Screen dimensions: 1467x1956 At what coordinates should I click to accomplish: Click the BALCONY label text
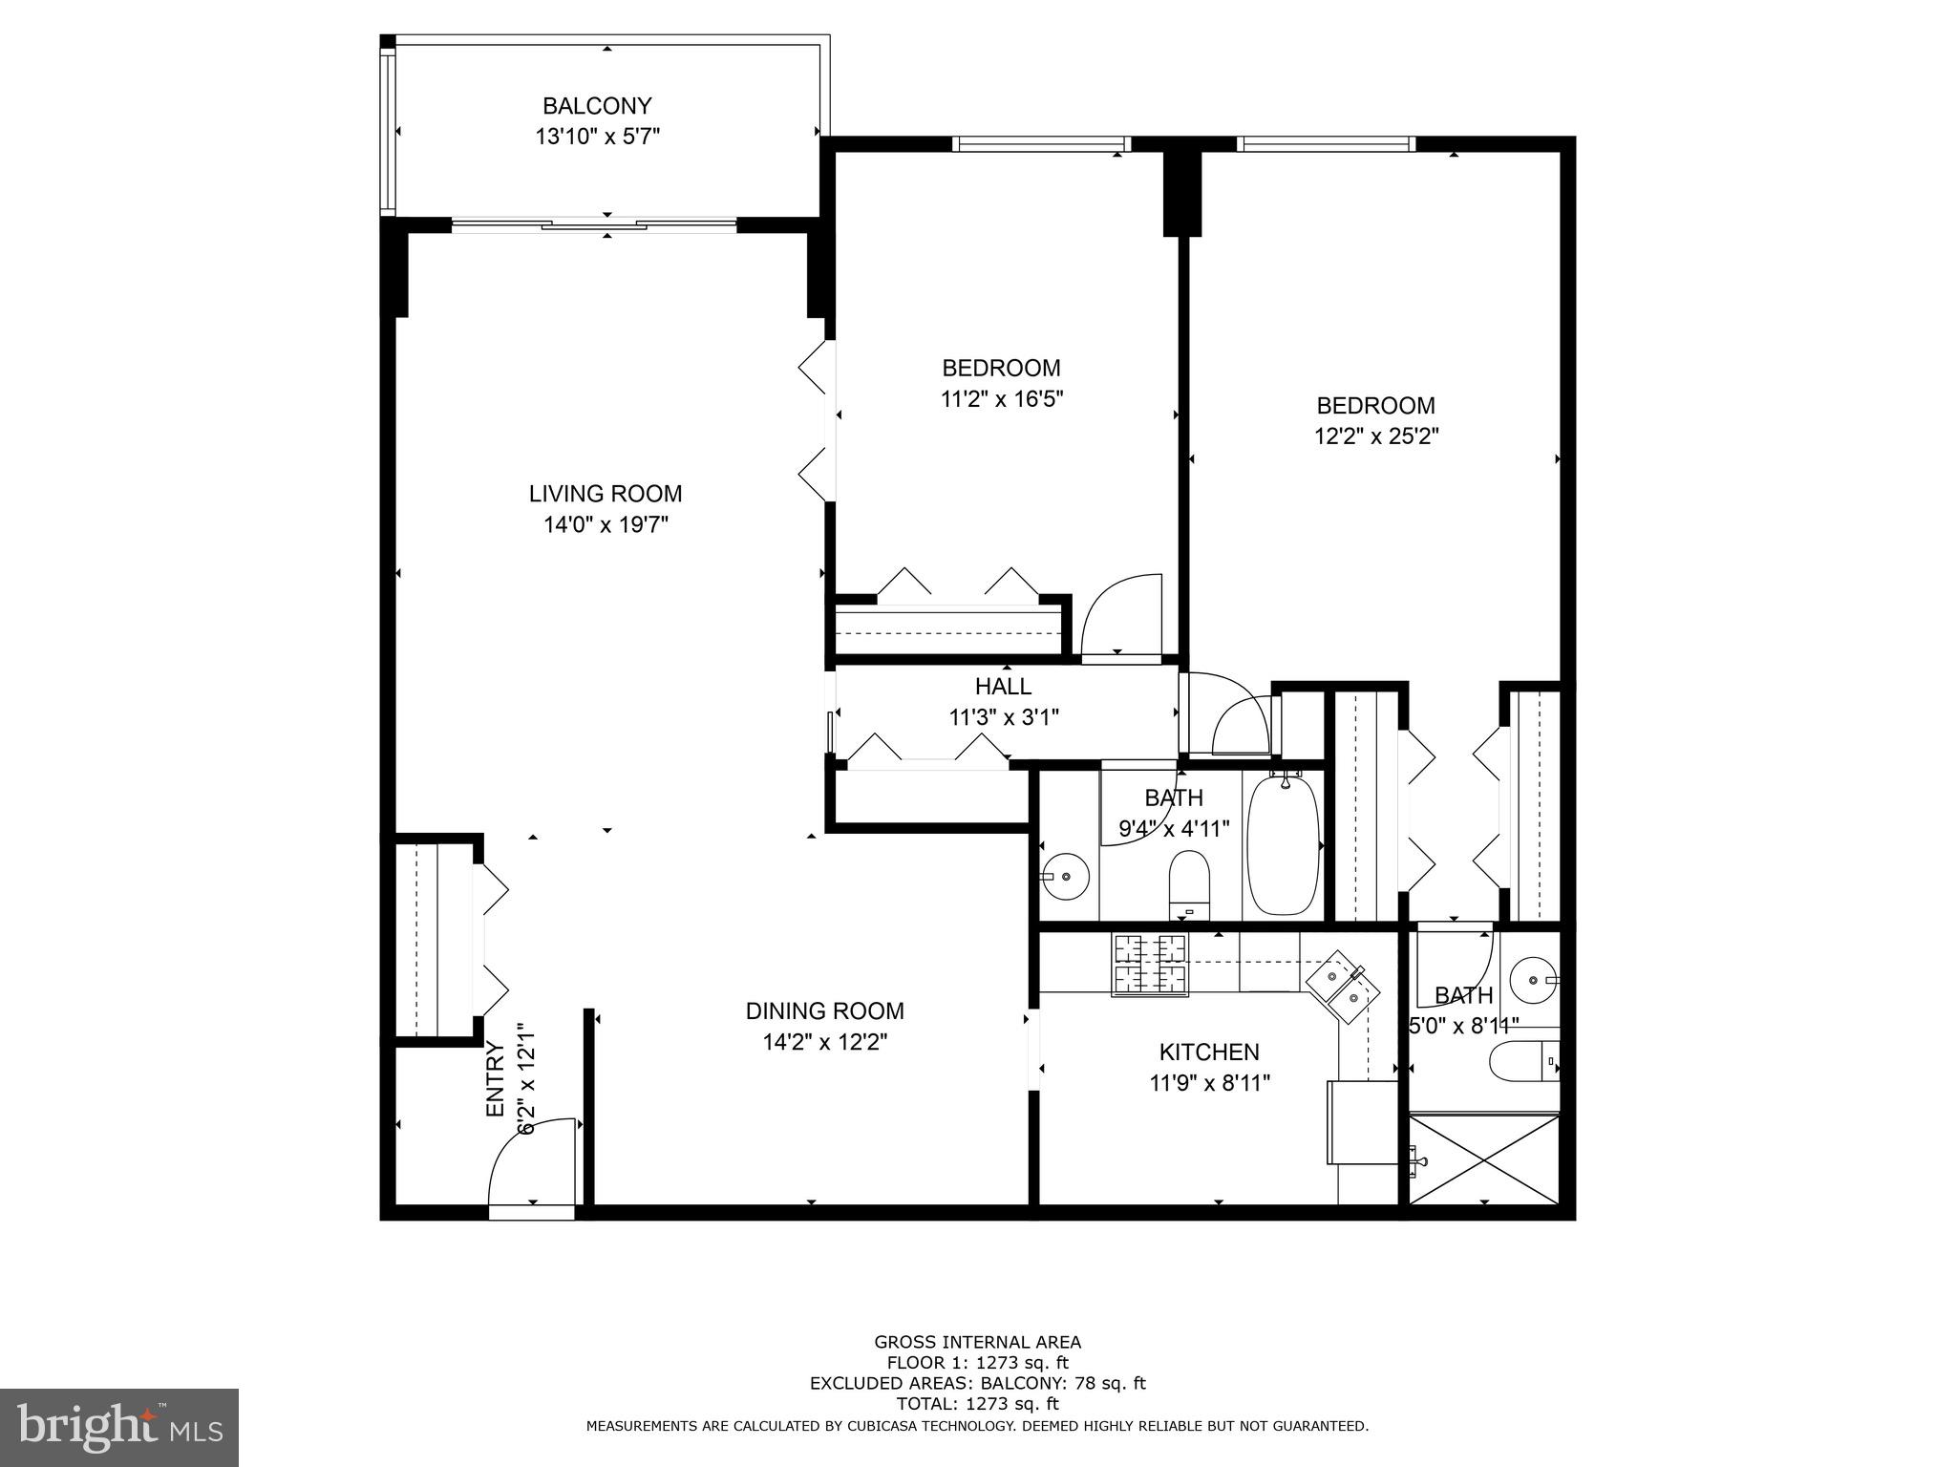pos(597,106)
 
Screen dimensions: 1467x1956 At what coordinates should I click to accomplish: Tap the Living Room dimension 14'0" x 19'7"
pos(606,524)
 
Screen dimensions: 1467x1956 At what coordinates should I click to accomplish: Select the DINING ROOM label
pos(824,1010)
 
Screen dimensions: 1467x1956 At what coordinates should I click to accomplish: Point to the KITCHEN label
pos(1208,1052)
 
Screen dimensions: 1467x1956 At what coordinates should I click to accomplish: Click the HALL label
pos(1003,686)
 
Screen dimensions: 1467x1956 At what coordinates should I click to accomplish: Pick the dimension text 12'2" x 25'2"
pos(1375,436)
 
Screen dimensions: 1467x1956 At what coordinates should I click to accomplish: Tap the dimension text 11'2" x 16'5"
pos(1001,398)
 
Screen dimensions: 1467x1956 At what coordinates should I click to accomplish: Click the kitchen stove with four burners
pos(1150,965)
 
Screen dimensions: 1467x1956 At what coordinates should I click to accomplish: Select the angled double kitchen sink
pos(1345,988)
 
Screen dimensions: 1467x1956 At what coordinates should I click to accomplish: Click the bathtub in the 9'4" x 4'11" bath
pos(1283,846)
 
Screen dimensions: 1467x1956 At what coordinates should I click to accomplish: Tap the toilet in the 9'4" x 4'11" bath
pos(1189,882)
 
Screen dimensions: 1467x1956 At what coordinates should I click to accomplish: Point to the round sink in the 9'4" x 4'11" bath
pos(1065,875)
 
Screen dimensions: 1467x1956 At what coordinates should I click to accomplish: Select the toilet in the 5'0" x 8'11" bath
pos(1522,1063)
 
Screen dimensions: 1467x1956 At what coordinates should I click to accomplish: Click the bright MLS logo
pos(118,1427)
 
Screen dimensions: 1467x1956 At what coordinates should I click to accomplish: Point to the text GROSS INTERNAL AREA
pos(977,1342)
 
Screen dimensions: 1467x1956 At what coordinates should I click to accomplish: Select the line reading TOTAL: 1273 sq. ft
pos(977,1404)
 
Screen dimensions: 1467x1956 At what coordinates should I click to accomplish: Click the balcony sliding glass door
pos(594,226)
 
